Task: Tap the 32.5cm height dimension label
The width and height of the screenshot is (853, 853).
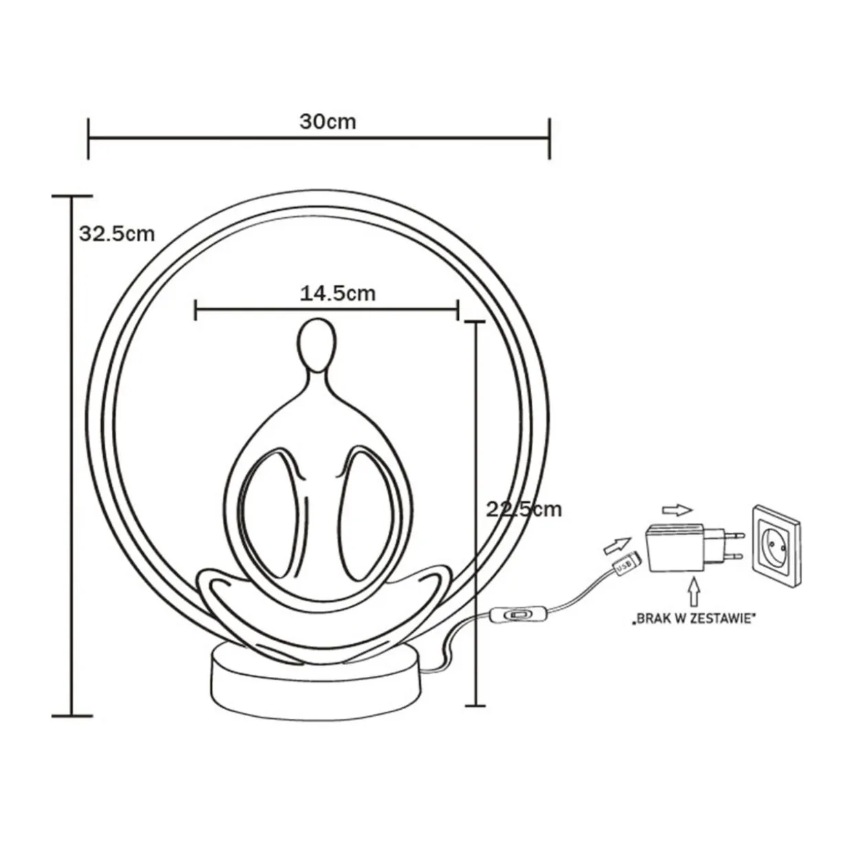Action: tap(117, 234)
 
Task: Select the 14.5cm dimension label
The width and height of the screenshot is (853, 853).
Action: tap(338, 294)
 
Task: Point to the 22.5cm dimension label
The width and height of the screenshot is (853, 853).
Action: tap(524, 510)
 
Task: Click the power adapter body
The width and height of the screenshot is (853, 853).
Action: tap(675, 548)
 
